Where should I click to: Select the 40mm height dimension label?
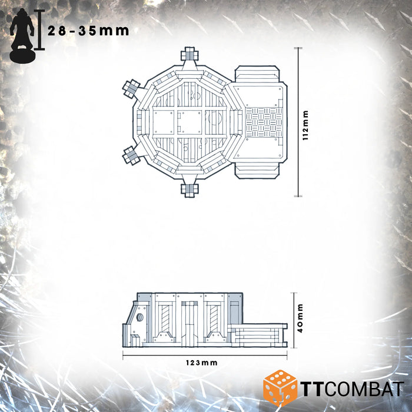tap(300, 318)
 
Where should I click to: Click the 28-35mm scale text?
tap(88, 31)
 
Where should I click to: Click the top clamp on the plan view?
tap(190, 55)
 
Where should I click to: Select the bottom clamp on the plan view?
tap(190, 189)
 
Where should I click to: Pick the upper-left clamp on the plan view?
tap(131, 89)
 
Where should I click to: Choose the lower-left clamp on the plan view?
tap(131, 155)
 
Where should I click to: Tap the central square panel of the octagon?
tap(190, 122)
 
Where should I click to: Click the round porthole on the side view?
tap(140, 317)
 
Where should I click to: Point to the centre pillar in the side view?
tap(189, 321)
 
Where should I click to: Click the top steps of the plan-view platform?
tap(257, 75)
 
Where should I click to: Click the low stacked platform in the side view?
tap(257, 334)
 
